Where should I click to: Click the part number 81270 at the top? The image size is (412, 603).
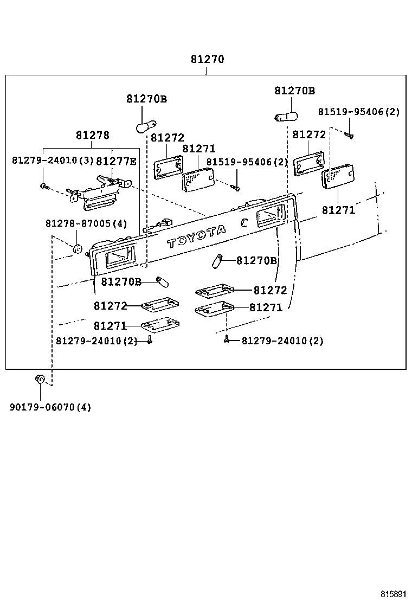point(207,59)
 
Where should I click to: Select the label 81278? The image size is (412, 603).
point(92,135)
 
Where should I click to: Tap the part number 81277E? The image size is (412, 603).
point(117,161)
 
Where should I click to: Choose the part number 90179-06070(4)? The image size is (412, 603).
point(50,407)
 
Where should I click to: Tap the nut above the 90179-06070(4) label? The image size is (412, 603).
point(39,379)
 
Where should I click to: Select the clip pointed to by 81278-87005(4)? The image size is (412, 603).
point(77,249)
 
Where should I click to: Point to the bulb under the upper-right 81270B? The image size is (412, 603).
point(286,116)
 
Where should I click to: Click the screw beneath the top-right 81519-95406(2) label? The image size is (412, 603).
point(349,133)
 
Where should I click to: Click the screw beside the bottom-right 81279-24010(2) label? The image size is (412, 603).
point(228,341)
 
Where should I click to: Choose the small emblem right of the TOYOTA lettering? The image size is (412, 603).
point(245,221)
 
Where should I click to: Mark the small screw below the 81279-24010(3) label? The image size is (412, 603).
point(44,186)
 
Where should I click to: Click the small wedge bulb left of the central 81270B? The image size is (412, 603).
point(217,261)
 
